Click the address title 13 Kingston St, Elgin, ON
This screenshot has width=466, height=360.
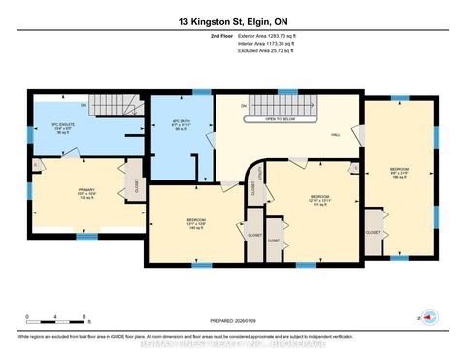click(233, 21)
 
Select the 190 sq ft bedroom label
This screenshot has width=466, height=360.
click(400, 173)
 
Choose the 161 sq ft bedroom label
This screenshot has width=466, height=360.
click(312, 199)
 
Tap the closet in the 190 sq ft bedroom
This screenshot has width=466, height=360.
click(373, 233)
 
